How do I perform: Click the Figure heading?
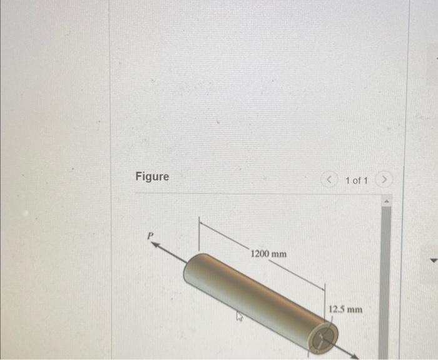[152, 177]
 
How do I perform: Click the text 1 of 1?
[356, 181]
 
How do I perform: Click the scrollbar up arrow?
[386, 201]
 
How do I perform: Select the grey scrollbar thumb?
[386, 281]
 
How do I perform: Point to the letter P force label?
[150, 236]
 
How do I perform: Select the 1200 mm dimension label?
[268, 254]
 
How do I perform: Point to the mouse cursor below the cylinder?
[238, 317]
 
